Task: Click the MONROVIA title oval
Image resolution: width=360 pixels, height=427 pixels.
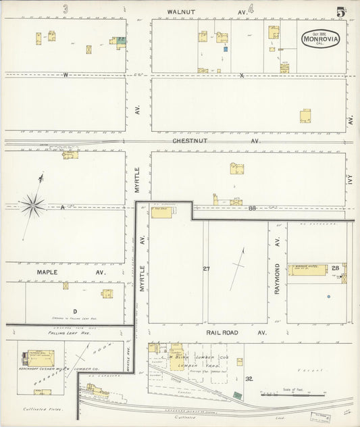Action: [x=320, y=38]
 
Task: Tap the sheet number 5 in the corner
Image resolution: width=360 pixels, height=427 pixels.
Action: [x=342, y=12]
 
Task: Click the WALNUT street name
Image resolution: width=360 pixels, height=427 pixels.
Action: [x=182, y=11]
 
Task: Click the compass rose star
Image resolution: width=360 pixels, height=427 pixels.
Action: [x=32, y=203]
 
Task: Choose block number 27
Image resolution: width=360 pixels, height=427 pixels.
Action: [x=206, y=269]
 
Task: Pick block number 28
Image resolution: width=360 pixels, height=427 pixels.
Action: [x=336, y=269]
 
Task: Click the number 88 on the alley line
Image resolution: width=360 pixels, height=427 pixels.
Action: [x=251, y=208]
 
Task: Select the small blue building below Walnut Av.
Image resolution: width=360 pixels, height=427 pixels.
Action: [x=225, y=49]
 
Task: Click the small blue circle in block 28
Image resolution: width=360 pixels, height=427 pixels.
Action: [x=329, y=297]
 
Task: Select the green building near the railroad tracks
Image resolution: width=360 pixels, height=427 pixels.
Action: [x=236, y=395]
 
